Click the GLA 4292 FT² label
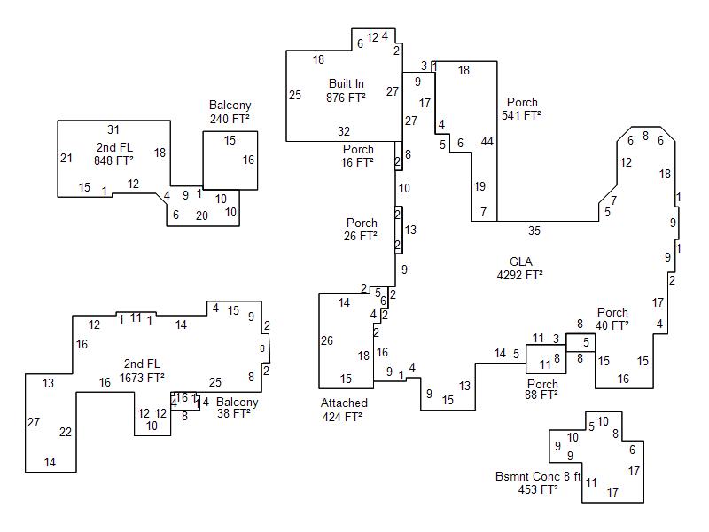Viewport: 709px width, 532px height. [x=519, y=268]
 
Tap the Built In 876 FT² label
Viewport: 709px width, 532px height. [x=346, y=90]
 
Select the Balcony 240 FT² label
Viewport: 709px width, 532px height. [x=230, y=112]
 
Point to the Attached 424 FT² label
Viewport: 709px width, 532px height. [x=343, y=410]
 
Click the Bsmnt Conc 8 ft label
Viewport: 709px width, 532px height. [x=538, y=482]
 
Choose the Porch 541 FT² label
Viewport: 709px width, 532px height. [x=522, y=108]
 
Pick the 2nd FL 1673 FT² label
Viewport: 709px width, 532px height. [x=143, y=371]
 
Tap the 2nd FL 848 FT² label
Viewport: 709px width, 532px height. [x=113, y=153]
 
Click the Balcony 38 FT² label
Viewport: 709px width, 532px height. [x=237, y=407]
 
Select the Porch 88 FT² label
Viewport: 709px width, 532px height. [x=542, y=389]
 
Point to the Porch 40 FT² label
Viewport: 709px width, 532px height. [x=612, y=318]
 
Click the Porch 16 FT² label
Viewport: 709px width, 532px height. [x=358, y=156]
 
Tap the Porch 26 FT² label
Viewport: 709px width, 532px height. [x=362, y=229]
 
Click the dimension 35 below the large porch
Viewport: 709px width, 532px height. [x=534, y=231]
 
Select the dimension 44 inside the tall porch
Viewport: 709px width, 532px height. [x=487, y=141]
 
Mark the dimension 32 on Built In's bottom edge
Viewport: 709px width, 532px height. [x=344, y=131]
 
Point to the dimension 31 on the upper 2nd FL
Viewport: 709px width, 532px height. [x=113, y=129]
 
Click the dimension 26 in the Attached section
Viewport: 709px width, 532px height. [x=327, y=340]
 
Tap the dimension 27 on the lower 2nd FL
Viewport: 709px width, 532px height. [x=34, y=422]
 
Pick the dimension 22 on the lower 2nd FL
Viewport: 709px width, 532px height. [x=66, y=432]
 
